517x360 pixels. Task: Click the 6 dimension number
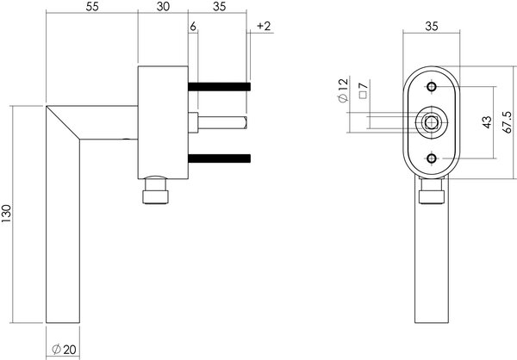(194, 28)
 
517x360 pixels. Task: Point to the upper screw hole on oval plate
(431, 85)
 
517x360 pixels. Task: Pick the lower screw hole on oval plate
(431, 158)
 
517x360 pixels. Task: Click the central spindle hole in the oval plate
(431, 122)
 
